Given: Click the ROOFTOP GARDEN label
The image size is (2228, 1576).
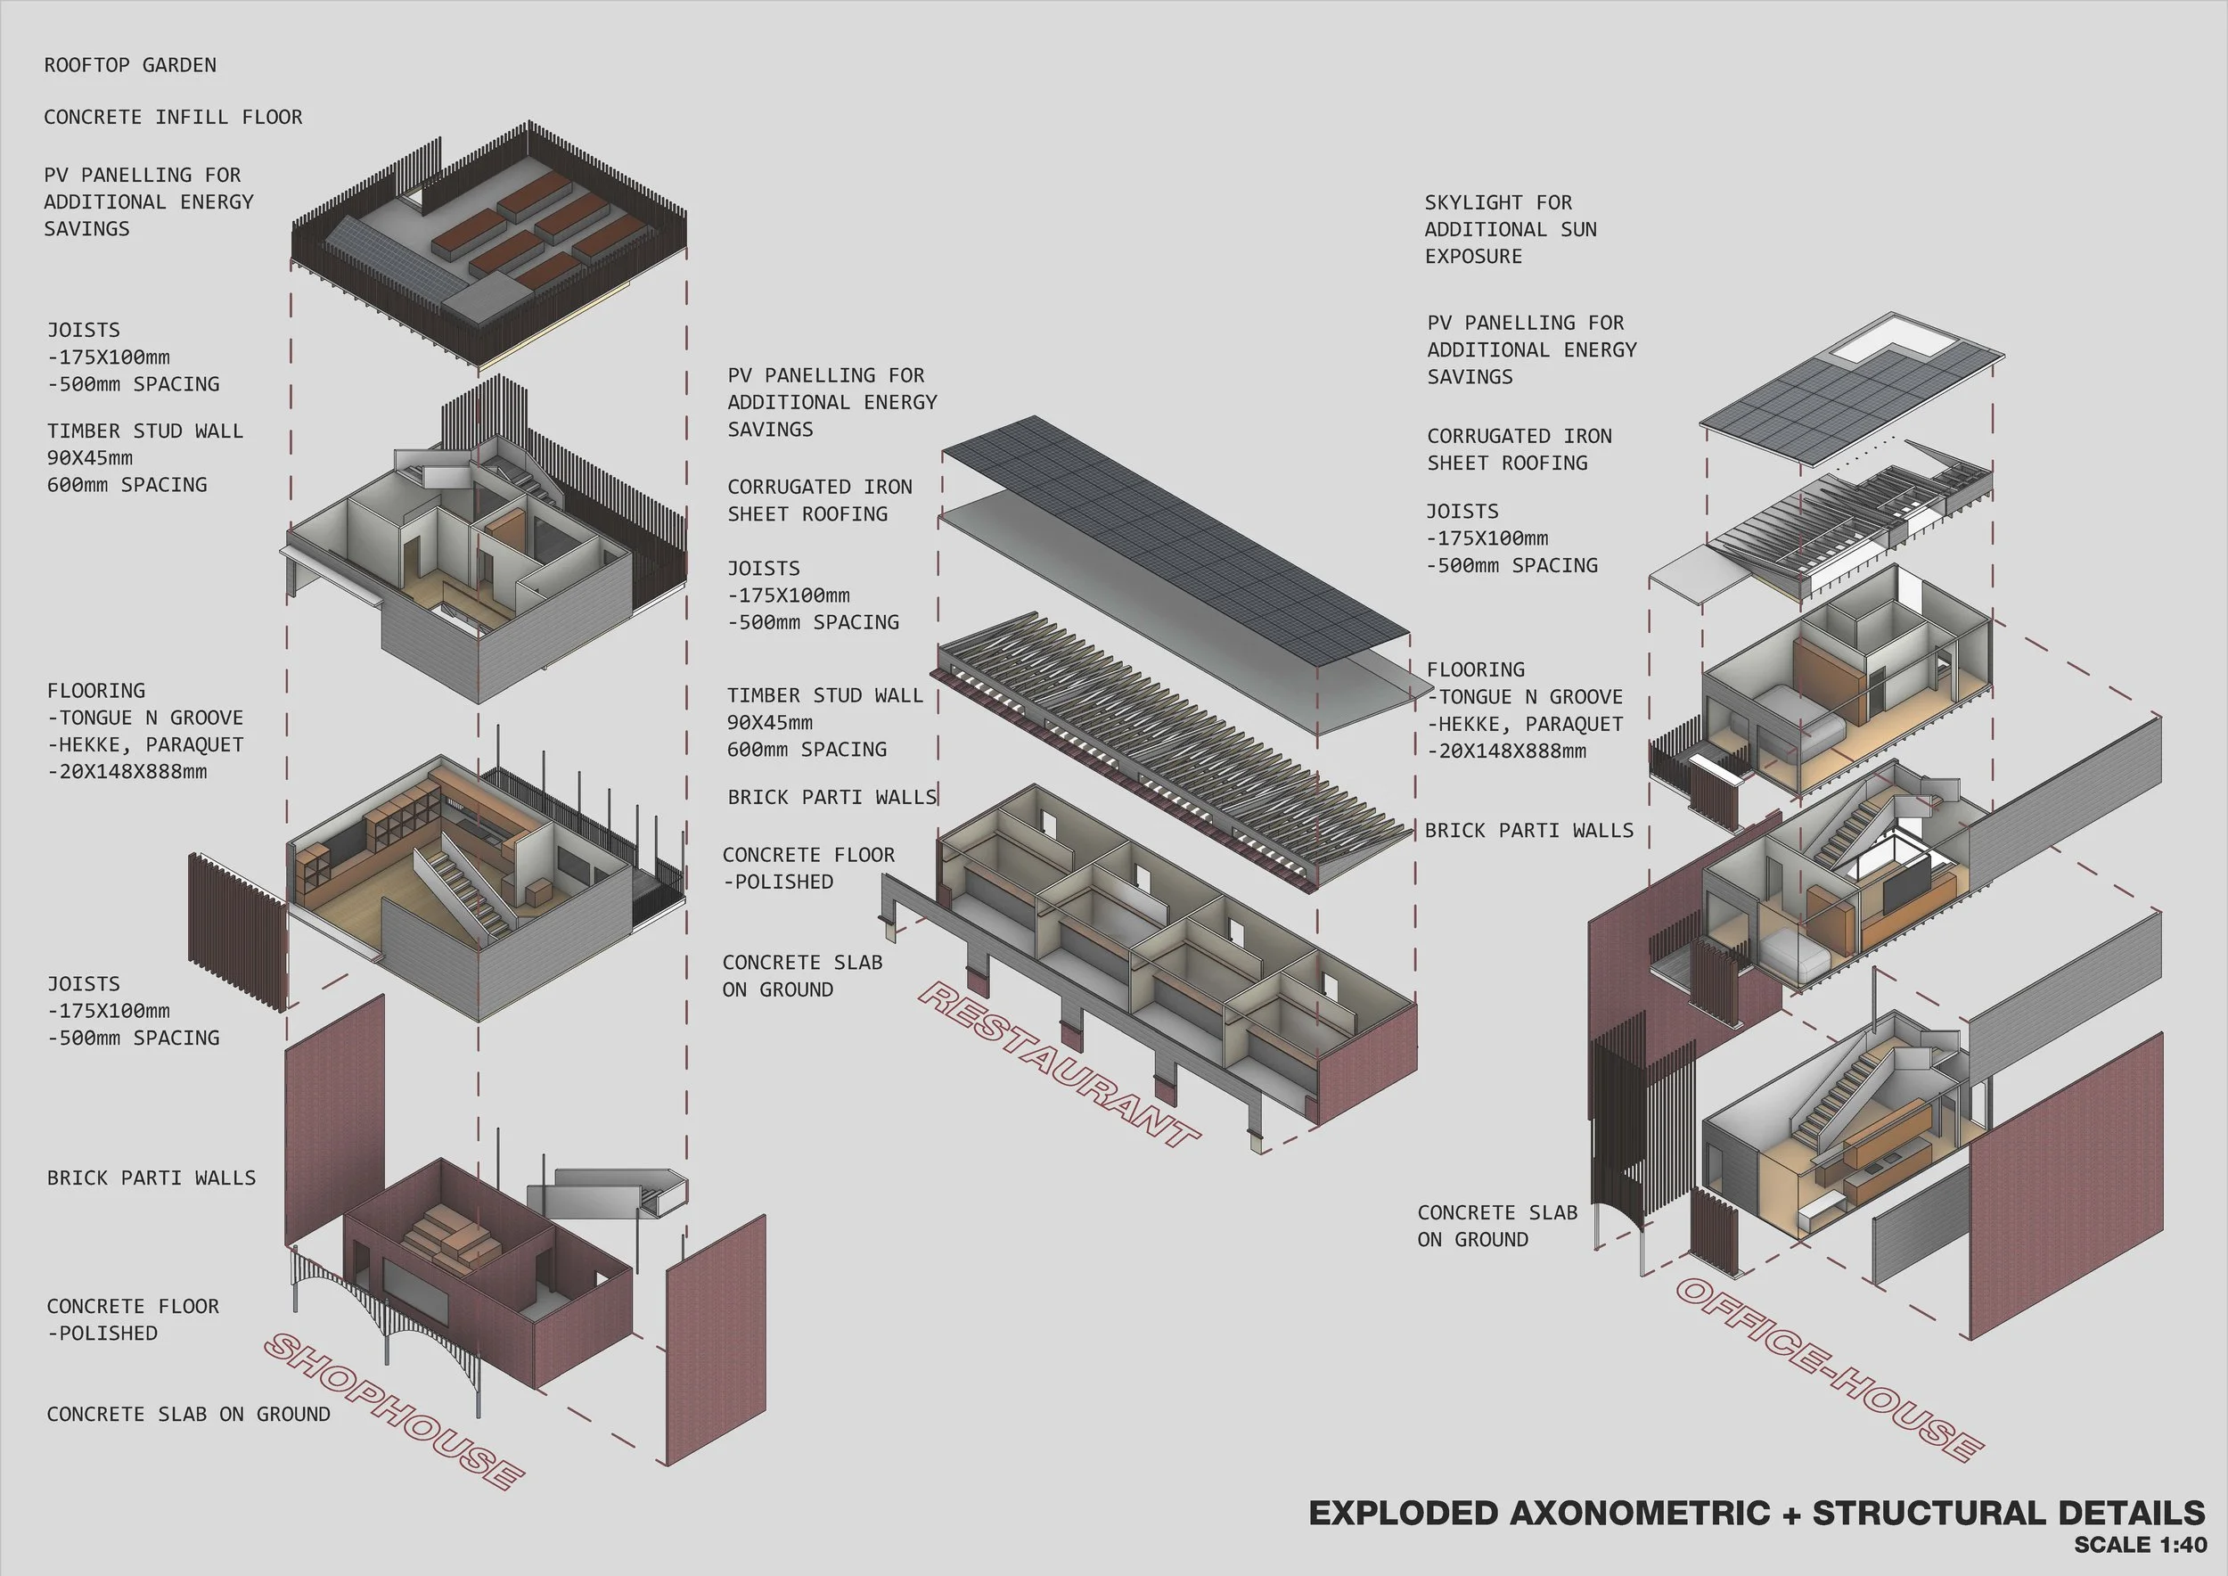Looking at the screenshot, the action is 130,65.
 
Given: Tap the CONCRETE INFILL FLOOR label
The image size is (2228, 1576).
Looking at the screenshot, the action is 173,118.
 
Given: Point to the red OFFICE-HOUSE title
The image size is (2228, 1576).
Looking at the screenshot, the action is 1829,1369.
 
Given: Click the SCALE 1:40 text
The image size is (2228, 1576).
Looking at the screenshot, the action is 2140,1544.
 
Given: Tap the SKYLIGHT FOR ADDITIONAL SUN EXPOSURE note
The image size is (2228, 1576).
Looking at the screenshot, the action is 1510,229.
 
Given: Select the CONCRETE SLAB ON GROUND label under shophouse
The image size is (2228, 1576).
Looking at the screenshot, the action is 188,1414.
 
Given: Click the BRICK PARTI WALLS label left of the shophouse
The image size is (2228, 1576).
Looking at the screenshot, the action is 152,1178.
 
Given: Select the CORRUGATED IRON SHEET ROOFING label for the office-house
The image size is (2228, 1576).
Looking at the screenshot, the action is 1519,449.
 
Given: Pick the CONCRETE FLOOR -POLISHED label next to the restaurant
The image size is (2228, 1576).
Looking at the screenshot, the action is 807,867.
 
